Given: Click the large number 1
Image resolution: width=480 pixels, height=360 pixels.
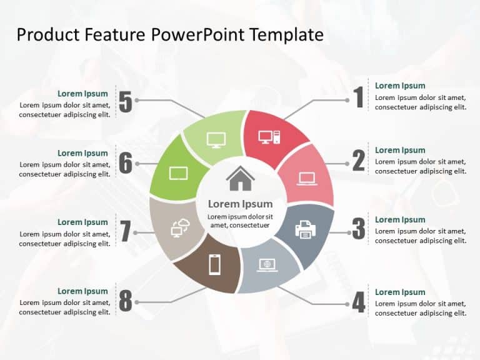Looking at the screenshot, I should coord(358,98).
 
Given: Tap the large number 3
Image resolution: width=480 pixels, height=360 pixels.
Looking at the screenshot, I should coord(358,229).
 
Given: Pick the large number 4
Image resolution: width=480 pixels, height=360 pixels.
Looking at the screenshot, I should coord(358,302).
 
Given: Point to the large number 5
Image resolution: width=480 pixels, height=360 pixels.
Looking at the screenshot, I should coord(126,102).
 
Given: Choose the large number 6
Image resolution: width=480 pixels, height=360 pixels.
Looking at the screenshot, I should coord(126,164).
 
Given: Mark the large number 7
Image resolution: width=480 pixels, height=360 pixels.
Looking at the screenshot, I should coord(126,232).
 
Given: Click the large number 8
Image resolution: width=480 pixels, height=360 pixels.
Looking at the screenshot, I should coord(126,302).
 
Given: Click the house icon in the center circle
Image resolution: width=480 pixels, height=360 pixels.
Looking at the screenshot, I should coord(240,179).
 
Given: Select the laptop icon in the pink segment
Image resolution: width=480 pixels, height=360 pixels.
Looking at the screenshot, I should coord(307,179).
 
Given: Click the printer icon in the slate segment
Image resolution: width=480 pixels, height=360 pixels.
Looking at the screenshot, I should coord(305,229).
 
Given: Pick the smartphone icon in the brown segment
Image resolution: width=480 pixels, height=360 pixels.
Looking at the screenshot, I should coord(214,265).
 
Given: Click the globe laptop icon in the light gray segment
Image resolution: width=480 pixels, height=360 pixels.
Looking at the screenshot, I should coord(267,265).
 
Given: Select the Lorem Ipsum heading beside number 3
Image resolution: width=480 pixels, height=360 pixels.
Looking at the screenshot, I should coord(400,219).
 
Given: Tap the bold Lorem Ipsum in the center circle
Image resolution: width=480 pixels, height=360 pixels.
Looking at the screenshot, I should coord(240,204).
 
